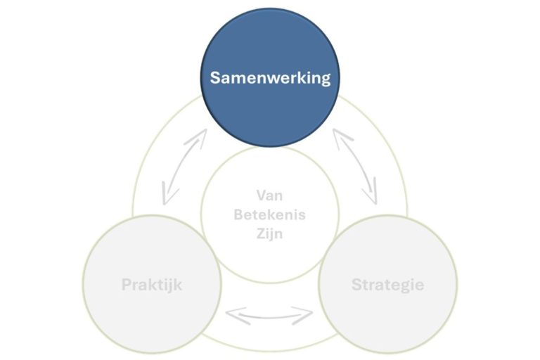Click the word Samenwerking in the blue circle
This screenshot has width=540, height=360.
point(270,77)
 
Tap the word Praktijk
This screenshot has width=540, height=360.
point(153,285)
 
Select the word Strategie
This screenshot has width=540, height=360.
point(387,285)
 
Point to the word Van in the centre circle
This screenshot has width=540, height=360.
point(270,195)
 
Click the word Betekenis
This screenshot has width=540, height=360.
point(270,214)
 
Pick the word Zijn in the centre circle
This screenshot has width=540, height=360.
point(270,233)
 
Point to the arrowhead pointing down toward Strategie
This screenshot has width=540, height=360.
point(372,195)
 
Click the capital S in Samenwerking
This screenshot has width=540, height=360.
point(215,77)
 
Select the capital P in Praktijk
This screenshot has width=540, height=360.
point(126,285)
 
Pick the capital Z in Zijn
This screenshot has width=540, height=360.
point(260,233)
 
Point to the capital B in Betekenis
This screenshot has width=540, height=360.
point(238,214)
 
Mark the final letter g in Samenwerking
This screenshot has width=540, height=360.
point(325,79)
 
